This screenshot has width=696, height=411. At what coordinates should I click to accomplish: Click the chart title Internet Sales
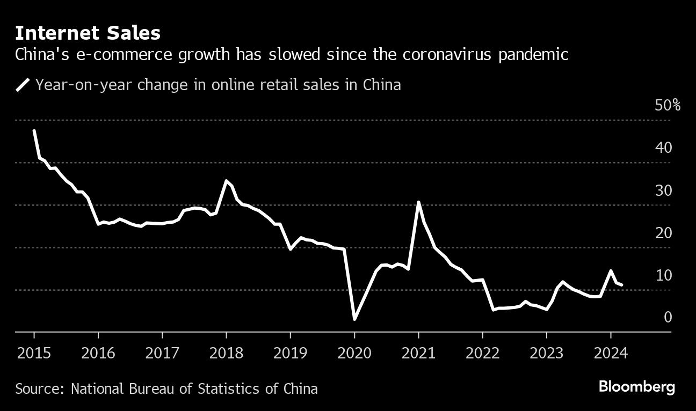[88, 33]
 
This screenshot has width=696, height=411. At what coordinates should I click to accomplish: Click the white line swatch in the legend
[23, 85]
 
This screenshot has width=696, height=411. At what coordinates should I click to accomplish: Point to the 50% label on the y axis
[668, 105]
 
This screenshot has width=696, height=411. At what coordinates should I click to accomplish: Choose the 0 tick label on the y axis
[668, 317]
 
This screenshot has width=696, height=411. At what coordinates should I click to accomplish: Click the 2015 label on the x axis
[34, 354]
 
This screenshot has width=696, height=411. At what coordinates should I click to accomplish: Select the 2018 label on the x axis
[226, 354]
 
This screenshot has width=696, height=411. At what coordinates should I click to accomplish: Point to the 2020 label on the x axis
[354, 354]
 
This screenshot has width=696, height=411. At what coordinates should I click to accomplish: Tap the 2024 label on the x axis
[611, 354]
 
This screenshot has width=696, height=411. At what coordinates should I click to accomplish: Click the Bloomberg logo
[636, 387]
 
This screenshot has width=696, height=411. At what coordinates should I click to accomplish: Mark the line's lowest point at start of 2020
[354, 319]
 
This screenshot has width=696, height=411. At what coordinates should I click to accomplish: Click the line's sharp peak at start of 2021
[418, 202]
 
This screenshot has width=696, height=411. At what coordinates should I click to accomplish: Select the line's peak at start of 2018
[226, 181]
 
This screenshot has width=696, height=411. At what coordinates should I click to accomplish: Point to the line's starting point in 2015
[34, 130]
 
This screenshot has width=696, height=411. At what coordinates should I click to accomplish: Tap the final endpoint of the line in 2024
[622, 284]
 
